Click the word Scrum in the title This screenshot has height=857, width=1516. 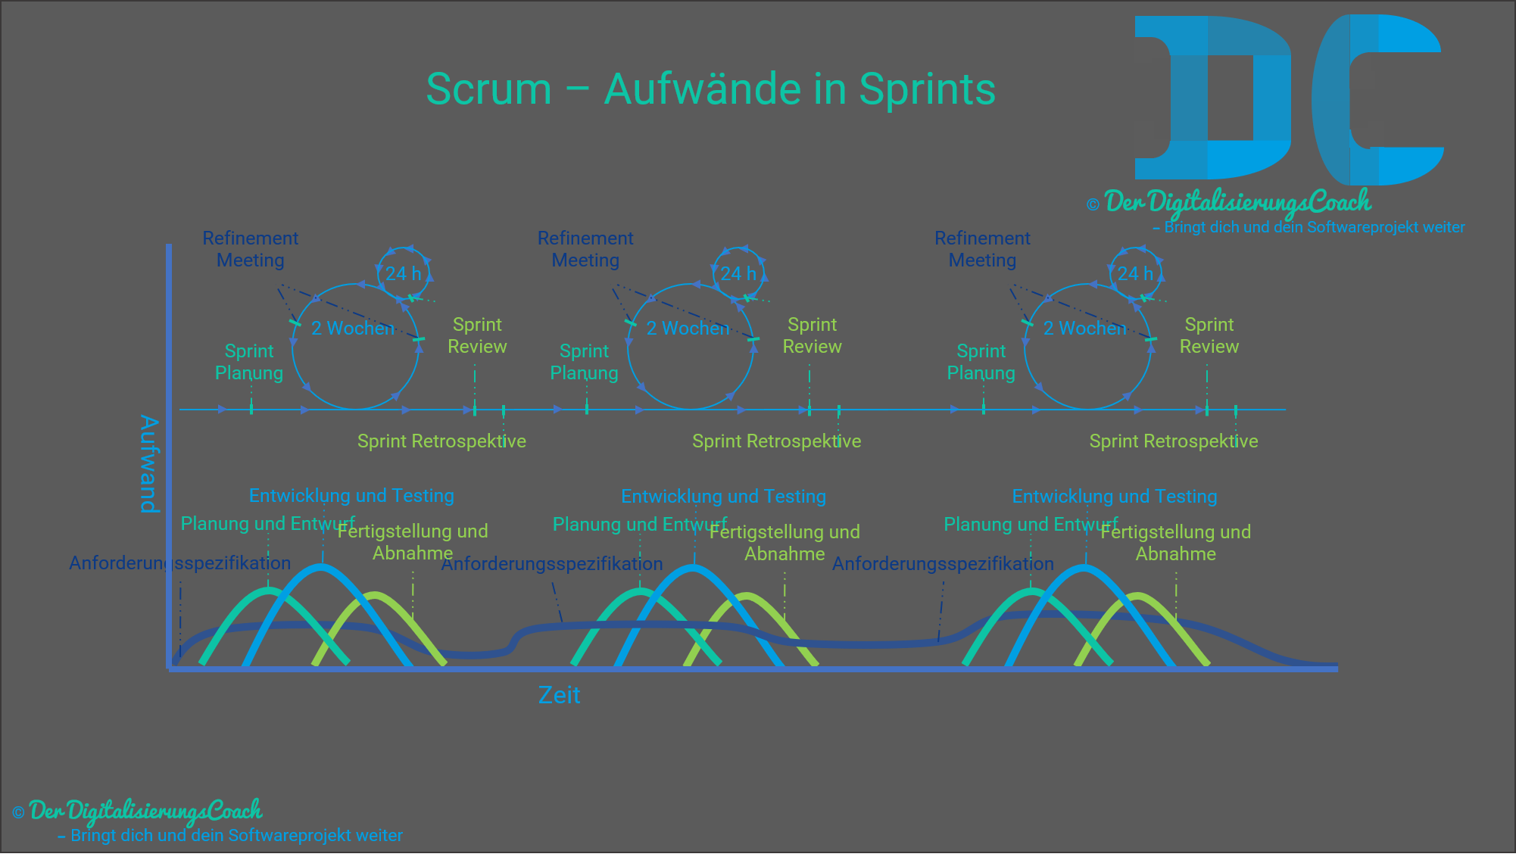(x=488, y=89)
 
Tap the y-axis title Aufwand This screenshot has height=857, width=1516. (x=149, y=463)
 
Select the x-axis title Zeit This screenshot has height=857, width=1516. (x=559, y=695)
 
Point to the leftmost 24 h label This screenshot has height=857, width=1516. (x=403, y=273)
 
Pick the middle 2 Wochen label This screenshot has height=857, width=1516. (x=688, y=328)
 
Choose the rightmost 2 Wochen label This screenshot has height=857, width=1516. (x=1084, y=328)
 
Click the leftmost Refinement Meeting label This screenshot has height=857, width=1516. (x=250, y=249)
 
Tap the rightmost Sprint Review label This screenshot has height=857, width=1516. (x=1209, y=335)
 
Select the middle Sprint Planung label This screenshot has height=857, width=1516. (x=584, y=362)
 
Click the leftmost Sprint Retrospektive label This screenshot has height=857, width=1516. (x=441, y=441)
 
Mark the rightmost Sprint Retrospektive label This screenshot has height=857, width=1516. (x=1173, y=441)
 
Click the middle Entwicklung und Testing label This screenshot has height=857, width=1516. (x=723, y=497)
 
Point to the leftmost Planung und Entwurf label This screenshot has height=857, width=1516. (x=267, y=524)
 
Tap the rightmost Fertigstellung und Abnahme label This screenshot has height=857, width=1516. (x=1175, y=543)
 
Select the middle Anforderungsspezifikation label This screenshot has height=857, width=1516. (x=552, y=564)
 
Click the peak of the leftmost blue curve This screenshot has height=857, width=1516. (x=322, y=566)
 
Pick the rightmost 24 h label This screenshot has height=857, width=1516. (x=1134, y=273)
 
